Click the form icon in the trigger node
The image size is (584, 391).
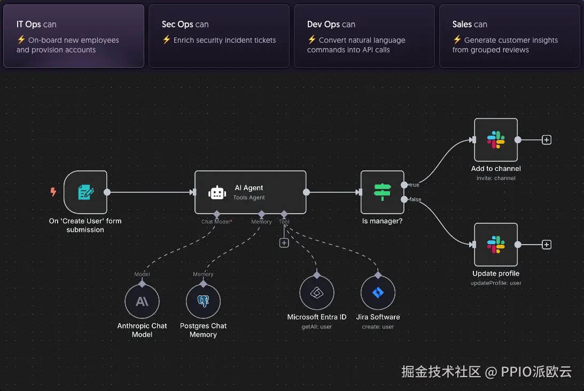[85, 192]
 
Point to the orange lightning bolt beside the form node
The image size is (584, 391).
[53, 192]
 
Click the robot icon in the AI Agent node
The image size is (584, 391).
[216, 193]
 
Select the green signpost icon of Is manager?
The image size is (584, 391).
[383, 192]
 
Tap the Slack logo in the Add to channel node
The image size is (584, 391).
[496, 140]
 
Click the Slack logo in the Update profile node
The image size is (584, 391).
[496, 245]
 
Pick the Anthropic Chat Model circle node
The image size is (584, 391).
[142, 301]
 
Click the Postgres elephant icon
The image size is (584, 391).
[203, 301]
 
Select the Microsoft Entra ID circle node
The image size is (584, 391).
[317, 293]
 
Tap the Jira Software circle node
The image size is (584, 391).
[378, 293]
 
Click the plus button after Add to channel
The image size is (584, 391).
[547, 140]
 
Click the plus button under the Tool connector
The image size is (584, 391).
[284, 243]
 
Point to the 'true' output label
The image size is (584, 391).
[414, 185]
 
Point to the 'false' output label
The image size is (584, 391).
[415, 200]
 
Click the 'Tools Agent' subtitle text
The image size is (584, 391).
[249, 198]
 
